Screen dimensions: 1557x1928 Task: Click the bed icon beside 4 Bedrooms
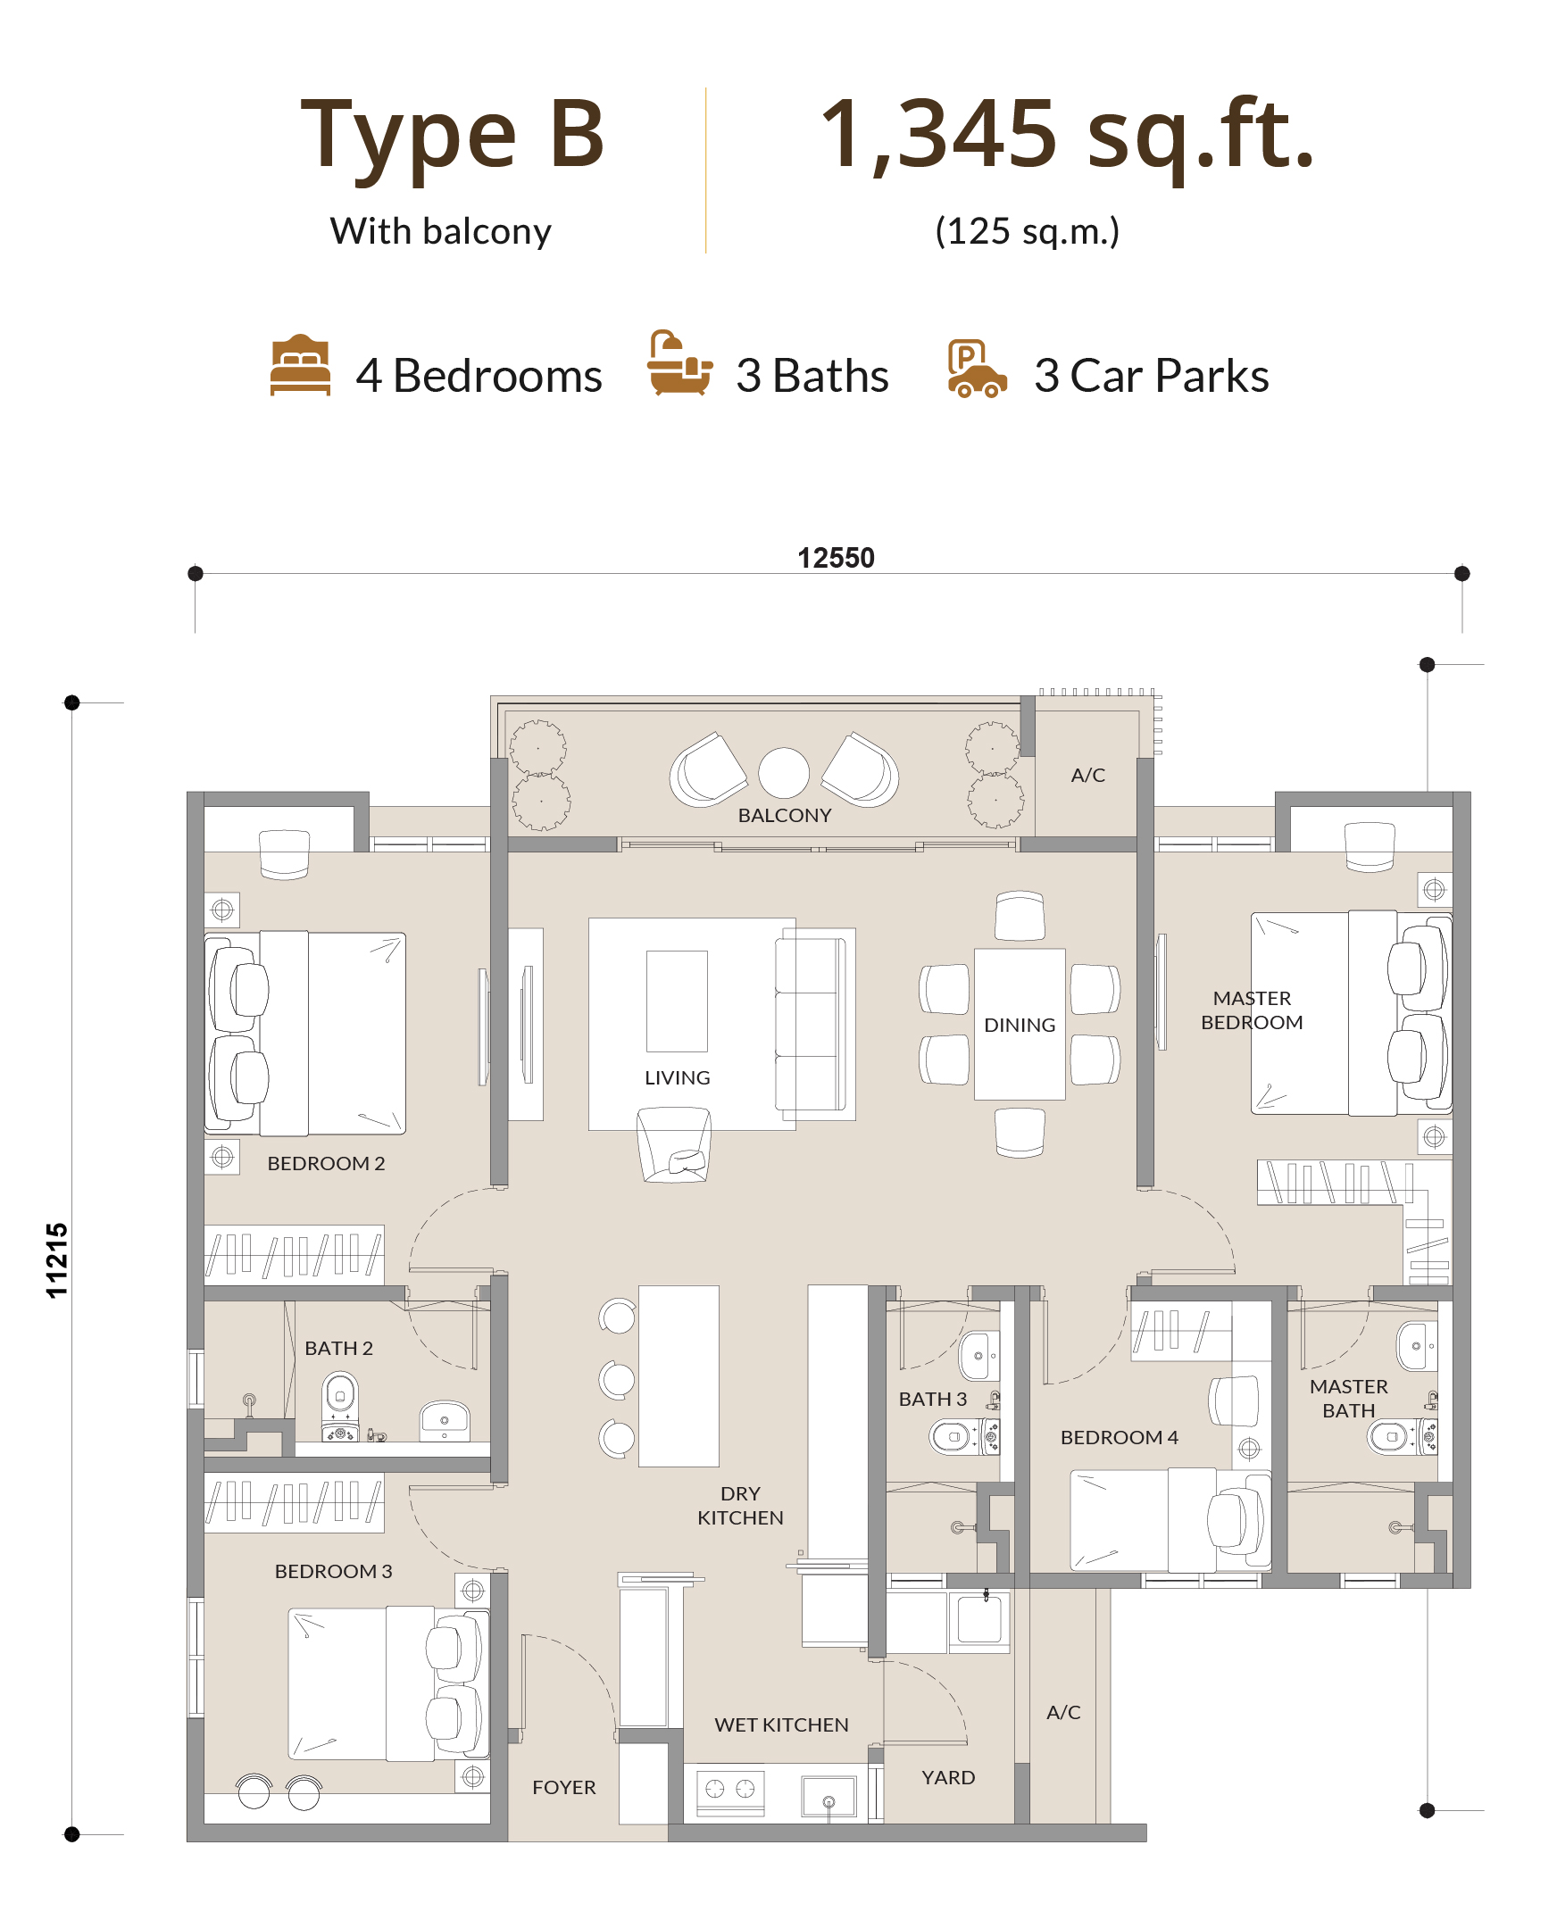click(301, 365)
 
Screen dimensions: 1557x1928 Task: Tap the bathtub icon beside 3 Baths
click(679, 363)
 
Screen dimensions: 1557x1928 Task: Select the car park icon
click(977, 369)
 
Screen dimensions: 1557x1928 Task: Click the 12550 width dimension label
click(836, 558)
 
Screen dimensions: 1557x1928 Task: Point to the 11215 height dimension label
click(56, 1260)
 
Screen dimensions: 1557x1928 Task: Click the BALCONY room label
click(785, 815)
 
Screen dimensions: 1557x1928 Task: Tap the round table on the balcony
click(784, 773)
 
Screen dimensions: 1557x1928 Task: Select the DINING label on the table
click(1020, 1025)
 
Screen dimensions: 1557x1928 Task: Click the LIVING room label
click(677, 1078)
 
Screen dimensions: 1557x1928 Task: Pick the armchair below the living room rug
click(674, 1145)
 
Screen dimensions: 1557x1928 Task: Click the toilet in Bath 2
click(340, 1406)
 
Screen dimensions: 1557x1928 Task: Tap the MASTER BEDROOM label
click(1252, 1010)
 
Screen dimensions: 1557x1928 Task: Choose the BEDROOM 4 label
click(1120, 1437)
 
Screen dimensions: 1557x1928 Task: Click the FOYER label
click(564, 1787)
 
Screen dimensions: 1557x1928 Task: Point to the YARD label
click(948, 1777)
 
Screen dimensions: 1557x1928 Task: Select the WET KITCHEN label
click(781, 1724)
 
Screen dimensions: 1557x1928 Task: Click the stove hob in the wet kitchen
click(730, 1791)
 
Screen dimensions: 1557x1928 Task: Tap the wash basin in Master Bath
click(1417, 1346)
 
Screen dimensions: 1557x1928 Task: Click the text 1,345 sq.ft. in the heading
click(1067, 136)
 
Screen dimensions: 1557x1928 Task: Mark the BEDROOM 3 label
click(334, 1571)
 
